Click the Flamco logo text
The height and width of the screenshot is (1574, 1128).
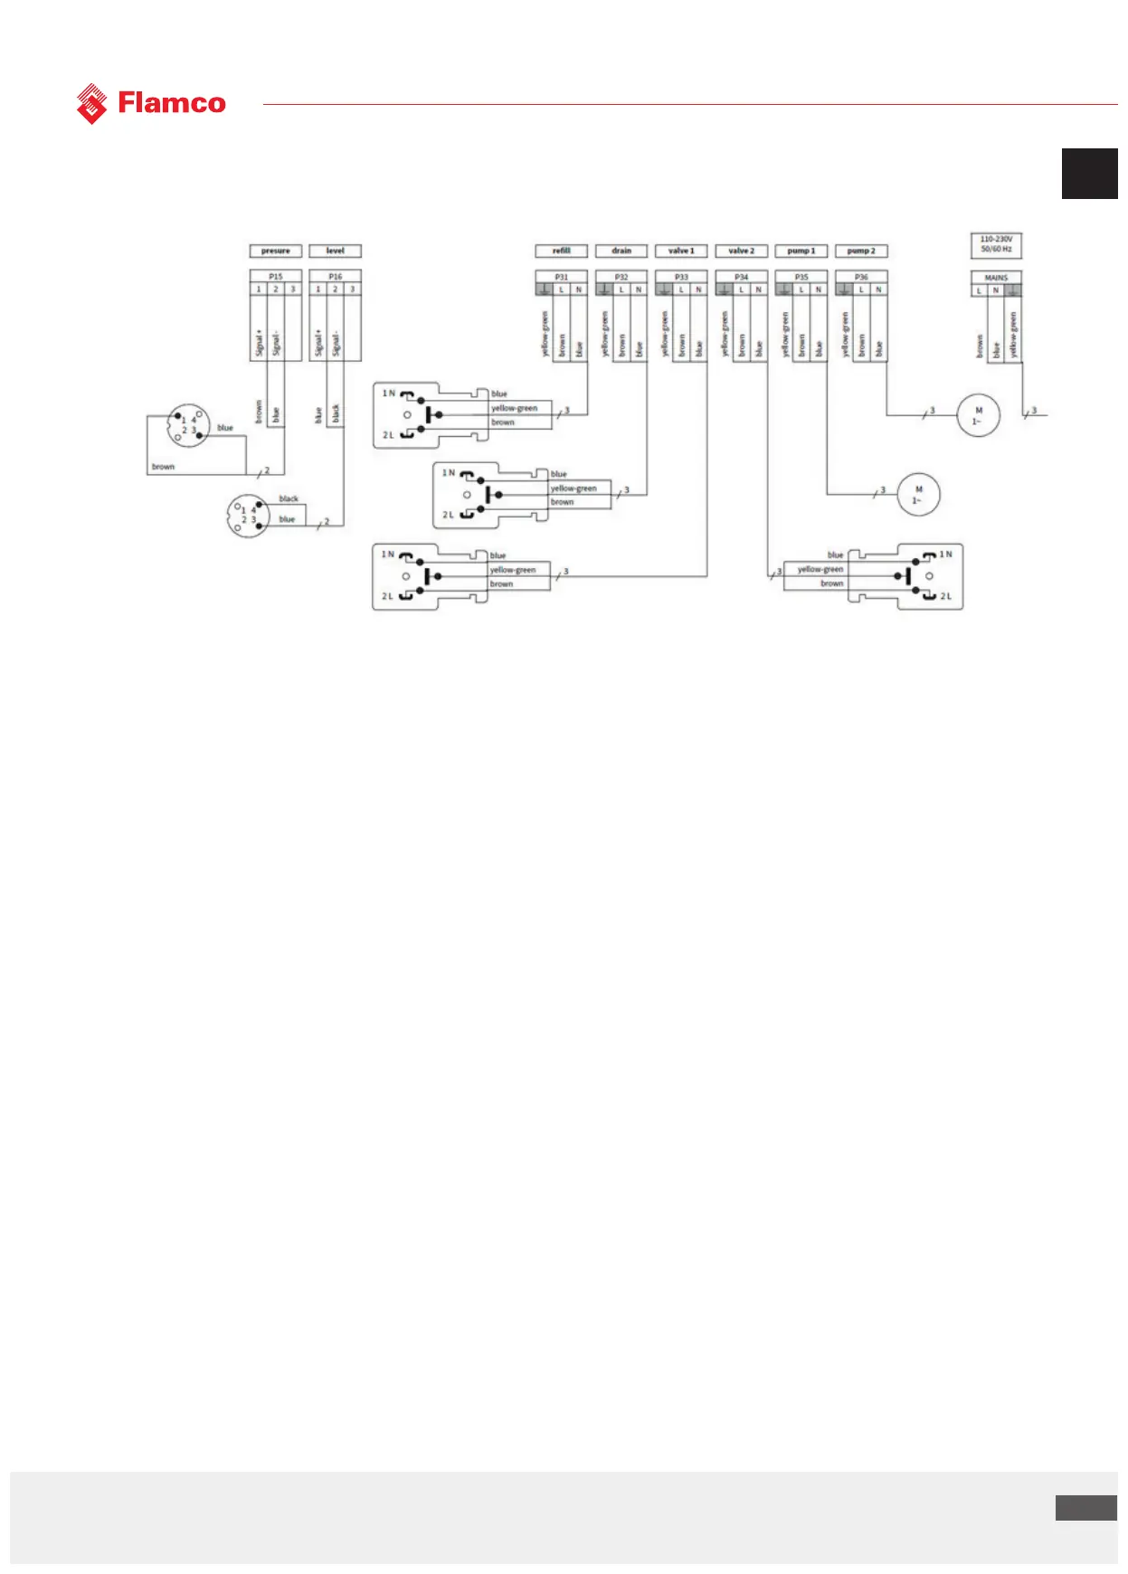click(x=171, y=103)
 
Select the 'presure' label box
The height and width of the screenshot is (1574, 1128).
click(x=275, y=251)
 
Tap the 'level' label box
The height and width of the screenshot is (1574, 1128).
click(x=335, y=251)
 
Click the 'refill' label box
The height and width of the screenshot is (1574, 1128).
click(x=561, y=251)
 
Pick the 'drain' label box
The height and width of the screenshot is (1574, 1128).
click(x=621, y=251)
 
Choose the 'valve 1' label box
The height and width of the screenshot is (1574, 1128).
click(x=681, y=251)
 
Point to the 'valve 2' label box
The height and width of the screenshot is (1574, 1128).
click(x=741, y=251)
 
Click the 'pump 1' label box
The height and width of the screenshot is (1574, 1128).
click(x=801, y=251)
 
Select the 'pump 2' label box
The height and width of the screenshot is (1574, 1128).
click(x=861, y=251)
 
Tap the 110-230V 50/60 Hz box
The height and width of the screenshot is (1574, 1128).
click(x=996, y=244)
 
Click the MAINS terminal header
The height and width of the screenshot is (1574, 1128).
click(x=996, y=278)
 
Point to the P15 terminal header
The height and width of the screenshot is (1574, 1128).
click(x=275, y=277)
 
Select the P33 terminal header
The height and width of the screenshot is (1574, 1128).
click(x=681, y=277)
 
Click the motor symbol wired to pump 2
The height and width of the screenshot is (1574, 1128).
click(x=978, y=416)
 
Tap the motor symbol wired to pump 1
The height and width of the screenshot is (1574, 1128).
click(x=918, y=495)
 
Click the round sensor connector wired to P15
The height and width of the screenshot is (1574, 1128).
click(x=188, y=425)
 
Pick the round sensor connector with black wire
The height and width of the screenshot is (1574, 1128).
click(x=248, y=516)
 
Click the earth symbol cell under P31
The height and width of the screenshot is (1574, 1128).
click(x=544, y=289)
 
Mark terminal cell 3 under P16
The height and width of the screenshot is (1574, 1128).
click(x=352, y=289)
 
